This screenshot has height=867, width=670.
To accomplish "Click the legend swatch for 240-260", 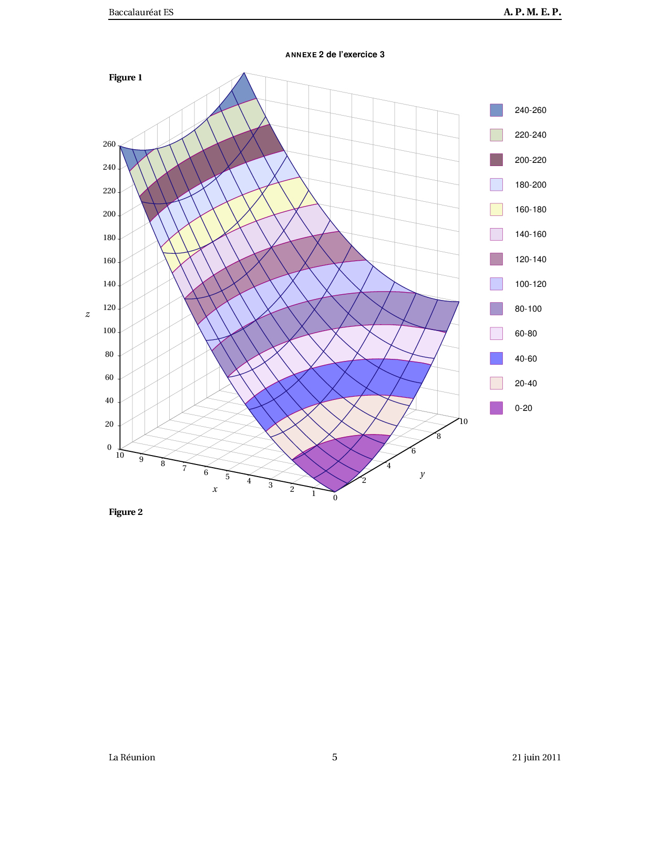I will click(x=496, y=110).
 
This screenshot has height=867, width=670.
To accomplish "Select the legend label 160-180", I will click(x=530, y=210).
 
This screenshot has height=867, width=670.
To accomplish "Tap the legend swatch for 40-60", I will click(x=496, y=358).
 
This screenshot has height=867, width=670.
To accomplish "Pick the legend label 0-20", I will click(x=523, y=408).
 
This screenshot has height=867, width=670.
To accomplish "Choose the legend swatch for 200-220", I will click(x=496, y=160).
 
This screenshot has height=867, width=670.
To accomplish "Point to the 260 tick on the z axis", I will click(x=109, y=144).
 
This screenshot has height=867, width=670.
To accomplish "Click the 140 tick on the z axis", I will click(x=109, y=284).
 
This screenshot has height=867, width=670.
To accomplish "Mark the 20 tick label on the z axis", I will click(x=109, y=424).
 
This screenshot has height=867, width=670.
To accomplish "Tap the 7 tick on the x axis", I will click(x=184, y=468).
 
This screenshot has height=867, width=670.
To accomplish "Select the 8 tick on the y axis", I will click(x=439, y=436).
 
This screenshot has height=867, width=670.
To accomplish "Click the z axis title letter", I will click(x=88, y=314).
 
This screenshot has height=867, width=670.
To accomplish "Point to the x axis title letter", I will click(x=214, y=489).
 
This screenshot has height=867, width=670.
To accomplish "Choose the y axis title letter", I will click(x=422, y=474).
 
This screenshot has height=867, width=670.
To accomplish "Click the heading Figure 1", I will click(x=126, y=78).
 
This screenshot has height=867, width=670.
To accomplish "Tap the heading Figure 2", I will click(x=126, y=512).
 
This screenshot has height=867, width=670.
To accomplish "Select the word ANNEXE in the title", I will click(x=301, y=55).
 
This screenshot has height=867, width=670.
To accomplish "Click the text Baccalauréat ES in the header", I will click(x=141, y=12).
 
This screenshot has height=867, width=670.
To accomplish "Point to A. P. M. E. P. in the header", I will click(x=532, y=12).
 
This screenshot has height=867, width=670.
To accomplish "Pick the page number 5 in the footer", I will click(x=335, y=757).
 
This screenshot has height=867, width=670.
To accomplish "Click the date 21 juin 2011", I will click(x=536, y=757).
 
